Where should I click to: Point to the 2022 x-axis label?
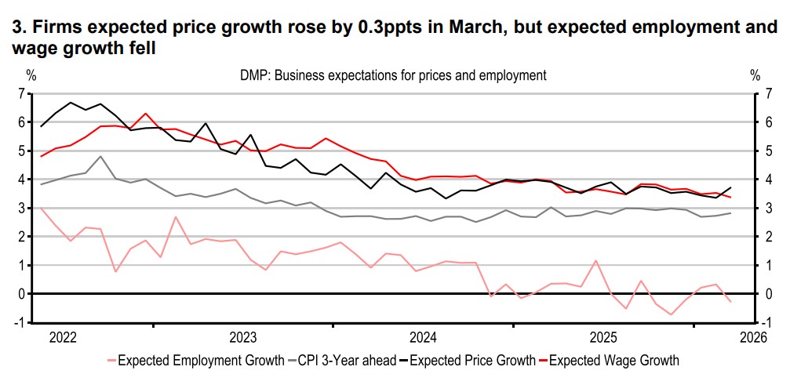tap(63, 338)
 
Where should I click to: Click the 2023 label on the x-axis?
tap(243, 338)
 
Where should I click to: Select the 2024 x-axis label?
tap(424, 338)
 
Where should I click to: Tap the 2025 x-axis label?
tap(604, 338)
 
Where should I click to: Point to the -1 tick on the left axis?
tap(19, 322)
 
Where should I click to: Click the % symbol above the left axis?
tap(31, 76)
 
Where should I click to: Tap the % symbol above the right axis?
tap(755, 76)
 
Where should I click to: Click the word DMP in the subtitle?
tap(253, 76)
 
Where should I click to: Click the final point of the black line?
tap(731, 187)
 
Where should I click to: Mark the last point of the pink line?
tap(731, 302)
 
